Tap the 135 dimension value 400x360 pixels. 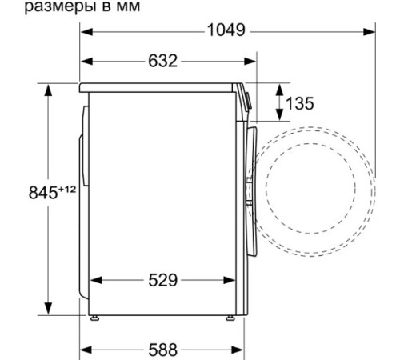298,103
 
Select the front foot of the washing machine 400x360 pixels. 232,318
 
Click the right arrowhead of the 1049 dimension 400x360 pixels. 370,32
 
